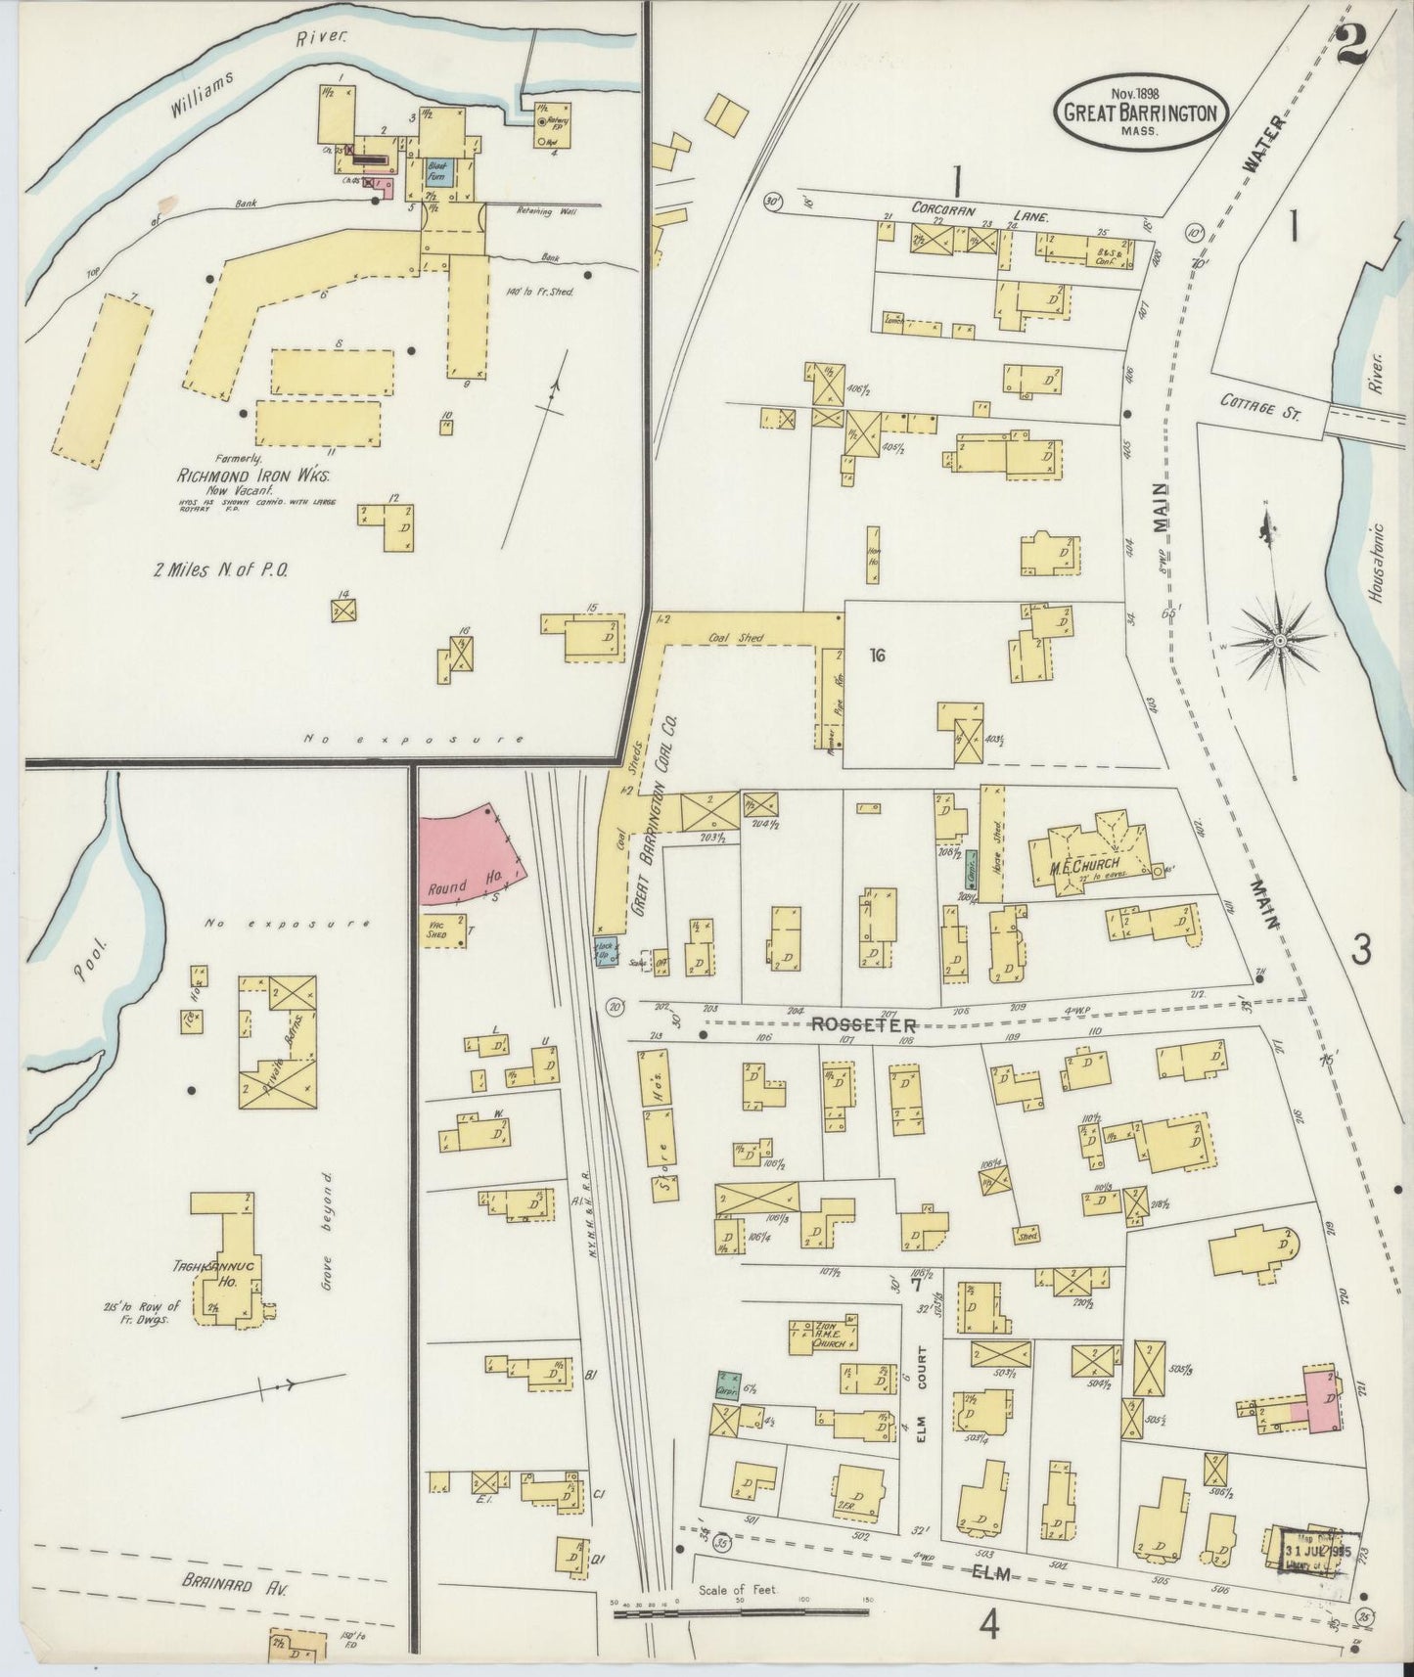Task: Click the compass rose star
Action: (1279, 640)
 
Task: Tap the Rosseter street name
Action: (862, 1024)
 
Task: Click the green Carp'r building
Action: (728, 1383)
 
